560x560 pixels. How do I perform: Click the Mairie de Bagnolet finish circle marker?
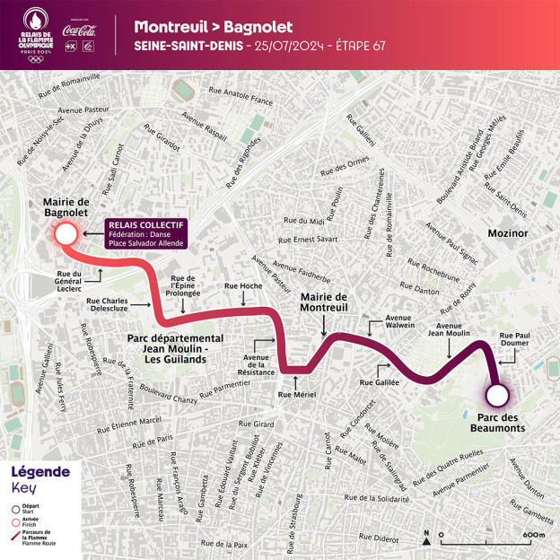coord(65,235)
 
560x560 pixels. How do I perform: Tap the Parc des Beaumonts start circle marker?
coord(495,396)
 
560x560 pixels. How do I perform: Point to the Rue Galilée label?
coord(378,382)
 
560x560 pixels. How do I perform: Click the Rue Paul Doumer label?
coord(516,341)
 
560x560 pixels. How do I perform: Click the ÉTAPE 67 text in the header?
coord(354,46)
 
